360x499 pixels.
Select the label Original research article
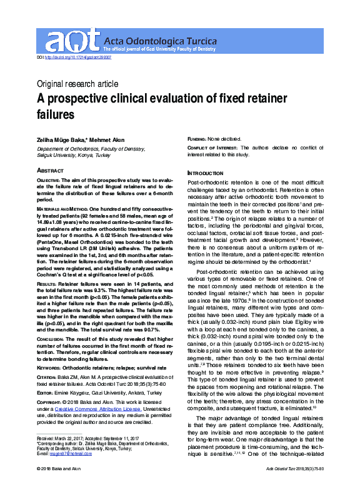pos(77,84)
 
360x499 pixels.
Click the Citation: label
pos(51,380)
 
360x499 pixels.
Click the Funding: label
pos(201,139)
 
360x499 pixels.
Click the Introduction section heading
pos(205,173)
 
